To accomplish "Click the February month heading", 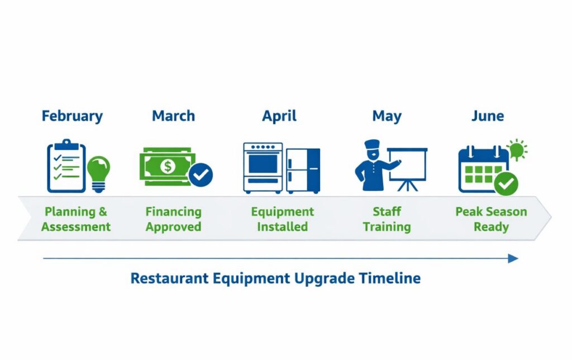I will [72, 116].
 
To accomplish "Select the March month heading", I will [173, 116].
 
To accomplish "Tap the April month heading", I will [279, 116].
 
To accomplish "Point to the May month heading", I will [387, 116].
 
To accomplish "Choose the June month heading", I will [487, 116].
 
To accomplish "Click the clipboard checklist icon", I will [66, 166].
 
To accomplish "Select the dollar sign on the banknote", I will [168, 166].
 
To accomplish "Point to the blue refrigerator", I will [303, 170].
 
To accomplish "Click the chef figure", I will [372, 165].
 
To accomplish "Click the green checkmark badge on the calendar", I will [507, 183].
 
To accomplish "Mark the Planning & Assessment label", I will [76, 219].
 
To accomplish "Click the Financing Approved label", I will [173, 219].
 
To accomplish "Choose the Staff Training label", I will [387, 219].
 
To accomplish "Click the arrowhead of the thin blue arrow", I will [513, 258].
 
